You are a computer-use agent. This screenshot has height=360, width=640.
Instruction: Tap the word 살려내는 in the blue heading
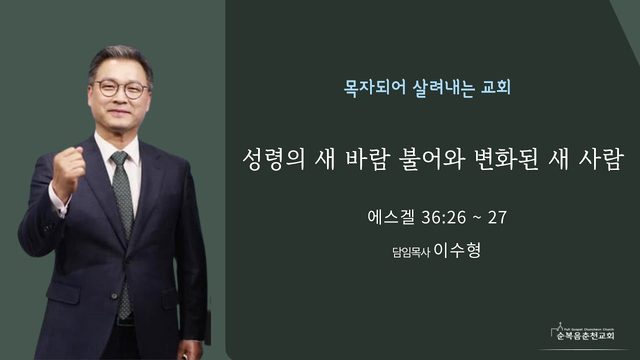(x=443, y=88)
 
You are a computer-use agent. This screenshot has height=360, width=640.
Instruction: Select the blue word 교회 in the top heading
(x=496, y=88)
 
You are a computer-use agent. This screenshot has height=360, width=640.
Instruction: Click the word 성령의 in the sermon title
(x=274, y=159)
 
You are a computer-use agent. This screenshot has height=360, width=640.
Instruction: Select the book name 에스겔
(x=391, y=217)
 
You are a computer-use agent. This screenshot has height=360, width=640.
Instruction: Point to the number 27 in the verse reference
(x=497, y=218)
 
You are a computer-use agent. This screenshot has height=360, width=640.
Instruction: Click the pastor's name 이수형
(x=457, y=250)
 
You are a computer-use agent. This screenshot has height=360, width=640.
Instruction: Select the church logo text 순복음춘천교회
(x=585, y=336)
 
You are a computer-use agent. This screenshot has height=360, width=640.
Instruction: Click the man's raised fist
(x=68, y=171)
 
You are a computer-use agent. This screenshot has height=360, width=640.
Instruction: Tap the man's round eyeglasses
(x=121, y=89)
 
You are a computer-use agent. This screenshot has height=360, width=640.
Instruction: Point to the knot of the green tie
(x=120, y=158)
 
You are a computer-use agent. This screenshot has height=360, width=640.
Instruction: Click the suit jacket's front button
(x=115, y=296)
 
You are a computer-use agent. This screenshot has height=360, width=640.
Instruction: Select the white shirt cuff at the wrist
(x=58, y=203)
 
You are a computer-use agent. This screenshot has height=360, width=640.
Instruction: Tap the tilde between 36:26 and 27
(x=477, y=218)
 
